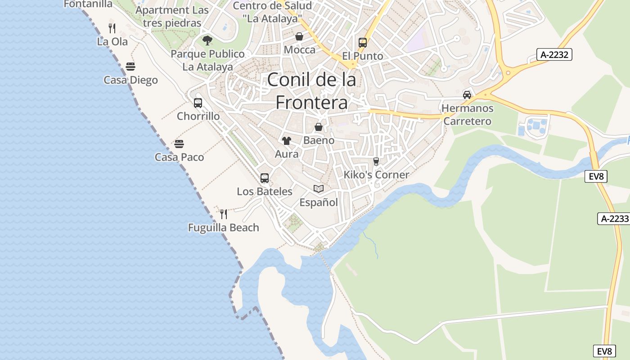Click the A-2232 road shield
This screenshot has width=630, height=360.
click(x=554, y=55)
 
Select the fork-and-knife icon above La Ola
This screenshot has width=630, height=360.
click(x=112, y=28)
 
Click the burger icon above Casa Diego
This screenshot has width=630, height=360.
click(x=130, y=67)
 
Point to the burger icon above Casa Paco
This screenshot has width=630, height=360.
click(x=179, y=144)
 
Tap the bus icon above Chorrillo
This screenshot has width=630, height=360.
click(x=198, y=103)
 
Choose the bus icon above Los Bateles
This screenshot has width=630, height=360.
click(x=265, y=178)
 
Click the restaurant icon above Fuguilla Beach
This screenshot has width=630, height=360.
click(x=223, y=214)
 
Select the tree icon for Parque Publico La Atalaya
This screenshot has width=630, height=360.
click(x=207, y=40)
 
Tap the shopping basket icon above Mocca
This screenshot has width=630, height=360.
click(x=299, y=36)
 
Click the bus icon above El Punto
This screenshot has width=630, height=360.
click(x=363, y=43)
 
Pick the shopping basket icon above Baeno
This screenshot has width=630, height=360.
click(x=319, y=127)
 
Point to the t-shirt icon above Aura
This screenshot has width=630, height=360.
click(x=287, y=141)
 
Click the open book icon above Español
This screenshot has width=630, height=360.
click(x=319, y=189)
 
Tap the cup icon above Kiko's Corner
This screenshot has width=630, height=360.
click(x=376, y=161)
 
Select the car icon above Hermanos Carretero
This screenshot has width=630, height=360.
click(x=467, y=95)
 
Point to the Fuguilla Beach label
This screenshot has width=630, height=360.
click(x=224, y=228)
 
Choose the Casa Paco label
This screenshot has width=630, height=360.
click(x=179, y=157)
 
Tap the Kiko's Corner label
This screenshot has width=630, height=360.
click(x=376, y=175)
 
